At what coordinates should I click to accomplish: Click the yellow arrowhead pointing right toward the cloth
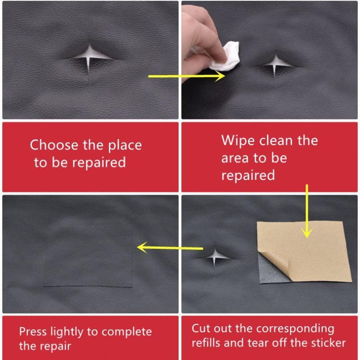click(220, 76)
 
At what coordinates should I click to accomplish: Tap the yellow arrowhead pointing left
click(143, 247)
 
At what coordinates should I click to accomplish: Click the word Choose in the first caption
click(54, 145)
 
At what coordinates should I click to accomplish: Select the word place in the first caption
click(125, 146)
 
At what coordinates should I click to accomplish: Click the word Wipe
click(238, 140)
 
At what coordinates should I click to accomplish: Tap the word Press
click(33, 332)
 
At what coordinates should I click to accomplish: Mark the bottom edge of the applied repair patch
click(88, 287)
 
